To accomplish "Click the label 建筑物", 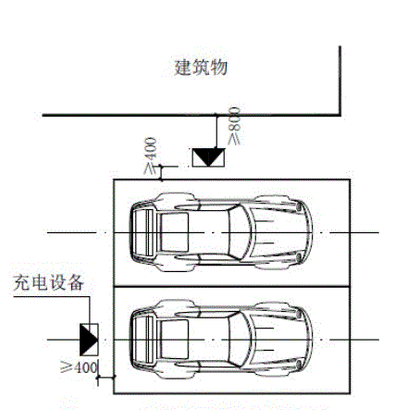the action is pyautogui.click(x=201, y=68).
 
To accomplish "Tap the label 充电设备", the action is pyautogui.click(x=49, y=282).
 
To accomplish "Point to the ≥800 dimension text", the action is pyautogui.click(x=234, y=126).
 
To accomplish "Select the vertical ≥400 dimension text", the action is pyautogui.click(x=151, y=155).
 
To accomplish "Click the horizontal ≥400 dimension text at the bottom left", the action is pyautogui.click(x=79, y=367).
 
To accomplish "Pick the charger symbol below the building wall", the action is pyautogui.click(x=208, y=157).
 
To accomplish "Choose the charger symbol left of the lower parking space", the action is pyautogui.click(x=89, y=340).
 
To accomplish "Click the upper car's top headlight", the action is pyautogui.click(x=298, y=206).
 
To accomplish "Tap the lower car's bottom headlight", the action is pyautogui.click(x=298, y=365).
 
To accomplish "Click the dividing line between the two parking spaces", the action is pyautogui.click(x=232, y=287).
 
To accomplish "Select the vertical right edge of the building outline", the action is pyautogui.click(x=340, y=81).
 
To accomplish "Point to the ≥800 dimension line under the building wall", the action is pyautogui.click(x=216, y=132).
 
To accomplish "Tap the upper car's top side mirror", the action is pyautogui.click(x=186, y=206).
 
